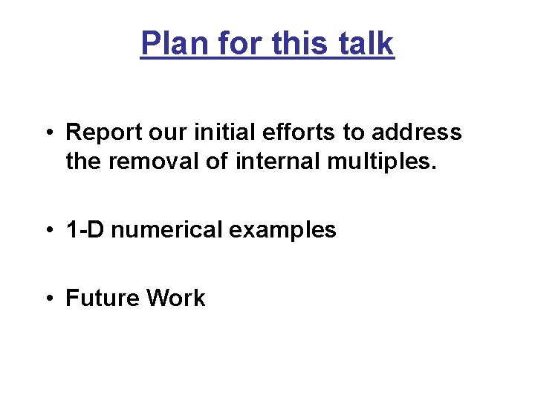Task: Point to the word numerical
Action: pyautogui.click(x=166, y=230)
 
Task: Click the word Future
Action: pyautogui.click(x=103, y=299)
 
